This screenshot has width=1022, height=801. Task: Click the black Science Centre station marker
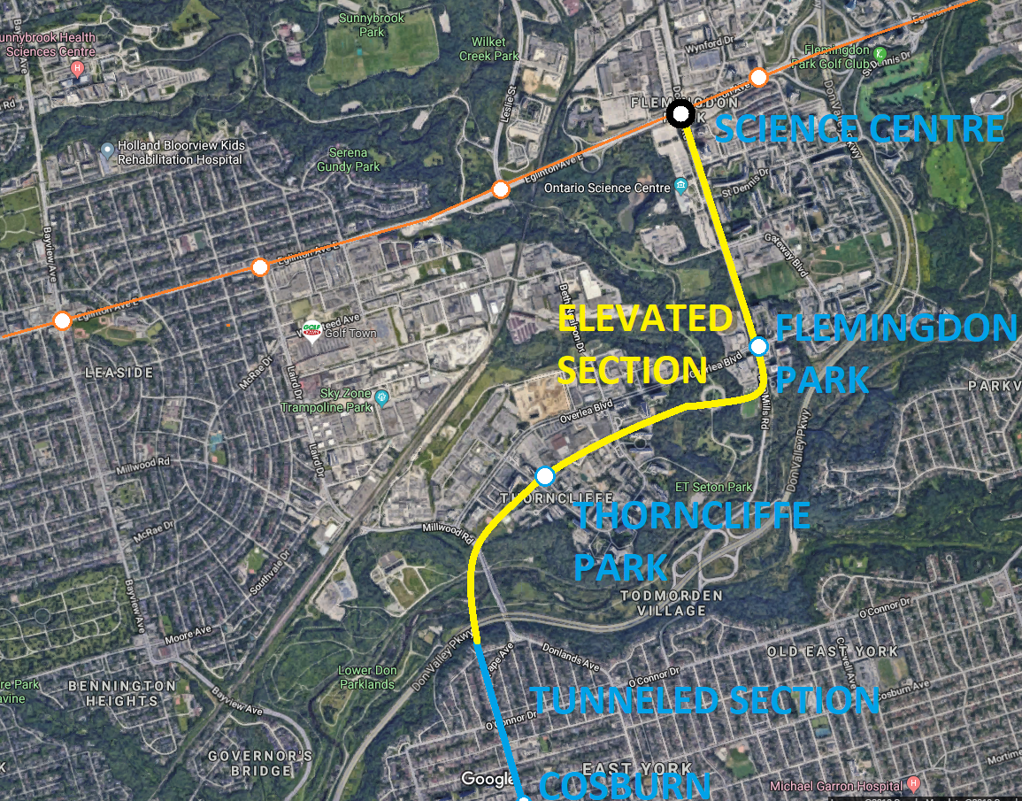[x=680, y=113]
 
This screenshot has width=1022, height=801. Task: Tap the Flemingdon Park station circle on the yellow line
[x=758, y=346]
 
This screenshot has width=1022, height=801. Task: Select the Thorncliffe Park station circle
[x=545, y=477]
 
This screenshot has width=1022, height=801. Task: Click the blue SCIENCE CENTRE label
[x=859, y=129]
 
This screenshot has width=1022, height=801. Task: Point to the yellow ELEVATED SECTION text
[x=645, y=344]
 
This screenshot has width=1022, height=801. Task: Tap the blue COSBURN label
[x=625, y=785]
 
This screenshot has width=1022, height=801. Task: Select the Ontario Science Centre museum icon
[x=680, y=186]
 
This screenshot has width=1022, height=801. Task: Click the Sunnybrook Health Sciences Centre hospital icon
[x=79, y=67]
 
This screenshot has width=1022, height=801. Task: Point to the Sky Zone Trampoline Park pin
[x=381, y=397]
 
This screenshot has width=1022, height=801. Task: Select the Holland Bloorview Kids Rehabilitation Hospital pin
[x=107, y=149]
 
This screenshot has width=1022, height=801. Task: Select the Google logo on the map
[x=488, y=779]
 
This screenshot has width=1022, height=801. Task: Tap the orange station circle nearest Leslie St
[x=501, y=189]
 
